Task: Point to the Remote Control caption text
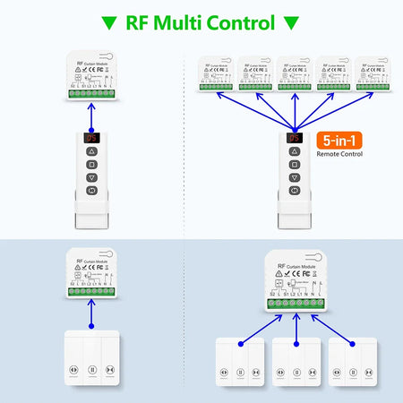[340, 154]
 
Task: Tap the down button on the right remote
[296, 178]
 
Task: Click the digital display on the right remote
[296, 140]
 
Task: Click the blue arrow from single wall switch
[90, 313]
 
